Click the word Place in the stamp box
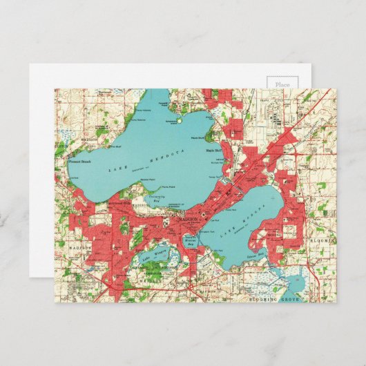point(282,84)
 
